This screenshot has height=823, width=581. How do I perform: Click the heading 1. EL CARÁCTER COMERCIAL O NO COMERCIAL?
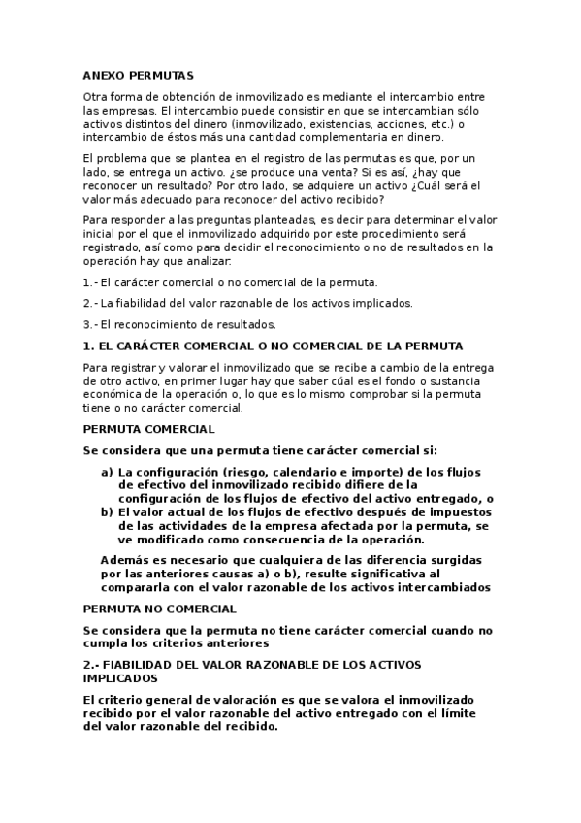273,346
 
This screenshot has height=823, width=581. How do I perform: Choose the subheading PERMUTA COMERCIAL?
148,429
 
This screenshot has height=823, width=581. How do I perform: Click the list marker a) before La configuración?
107,472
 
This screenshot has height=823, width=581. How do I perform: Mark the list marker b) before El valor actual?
107,512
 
